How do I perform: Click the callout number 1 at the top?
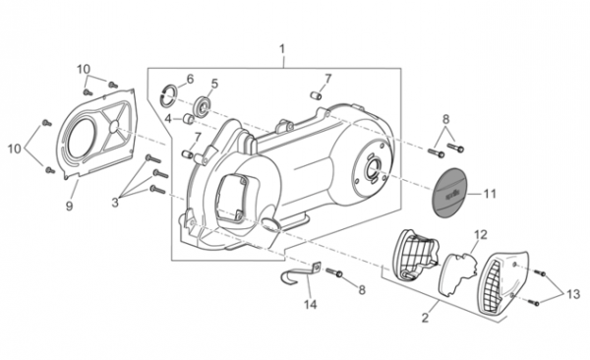pos(282,49)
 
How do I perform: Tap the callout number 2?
pos(425,318)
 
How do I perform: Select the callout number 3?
pos(115,203)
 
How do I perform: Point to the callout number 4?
pos(168,119)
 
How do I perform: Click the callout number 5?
pos(214,84)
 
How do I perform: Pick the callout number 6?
pos(190,79)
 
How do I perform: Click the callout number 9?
pos(69,206)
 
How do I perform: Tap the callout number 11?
pos(490,194)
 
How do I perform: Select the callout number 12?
pos(481,235)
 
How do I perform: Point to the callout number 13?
pos(573,294)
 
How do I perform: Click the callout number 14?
pos(311,304)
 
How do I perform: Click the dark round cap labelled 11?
pos(449,193)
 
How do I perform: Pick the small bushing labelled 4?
pos(188,119)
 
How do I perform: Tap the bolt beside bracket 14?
pos(333,272)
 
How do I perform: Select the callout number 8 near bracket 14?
pos(362,289)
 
